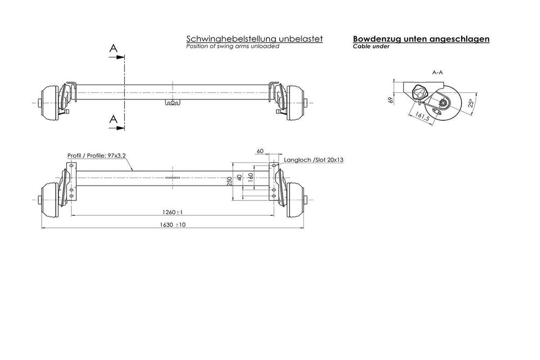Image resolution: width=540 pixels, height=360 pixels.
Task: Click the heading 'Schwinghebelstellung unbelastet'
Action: tap(254, 39)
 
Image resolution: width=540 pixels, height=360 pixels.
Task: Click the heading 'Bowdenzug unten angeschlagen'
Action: tap(421, 39)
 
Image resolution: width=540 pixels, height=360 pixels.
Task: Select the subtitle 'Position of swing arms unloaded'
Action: tap(232, 47)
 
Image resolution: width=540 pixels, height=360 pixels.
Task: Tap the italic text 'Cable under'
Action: tap(371, 47)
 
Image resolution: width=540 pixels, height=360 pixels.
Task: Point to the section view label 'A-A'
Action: tap(438, 72)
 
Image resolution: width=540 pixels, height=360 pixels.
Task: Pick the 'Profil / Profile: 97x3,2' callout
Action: tap(96, 155)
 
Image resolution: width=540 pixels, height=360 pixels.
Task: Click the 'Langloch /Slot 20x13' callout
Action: tap(313, 160)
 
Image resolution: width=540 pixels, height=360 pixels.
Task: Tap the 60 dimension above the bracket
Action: tap(260, 152)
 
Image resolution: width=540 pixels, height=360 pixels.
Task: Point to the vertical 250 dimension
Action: tap(230, 180)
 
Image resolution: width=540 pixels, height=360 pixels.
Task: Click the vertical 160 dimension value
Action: tap(250, 178)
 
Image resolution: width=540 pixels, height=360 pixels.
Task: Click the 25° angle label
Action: tap(470, 103)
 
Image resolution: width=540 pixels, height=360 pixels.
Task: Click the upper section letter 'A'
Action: tap(113, 49)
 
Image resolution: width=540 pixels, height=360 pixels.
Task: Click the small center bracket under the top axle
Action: tap(172, 103)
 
